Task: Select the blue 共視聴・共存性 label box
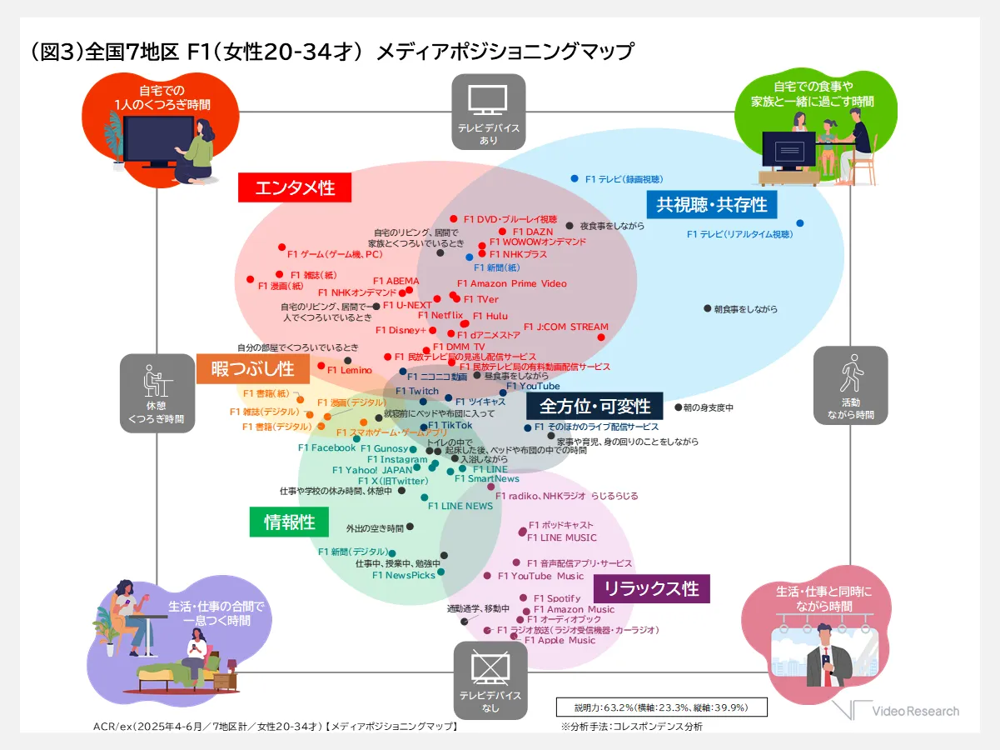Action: pyautogui.click(x=712, y=203)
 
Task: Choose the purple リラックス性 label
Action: pyautogui.click(x=651, y=588)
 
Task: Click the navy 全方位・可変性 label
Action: pyautogui.click(x=595, y=407)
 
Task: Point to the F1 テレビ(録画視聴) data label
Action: pyautogui.click(x=624, y=179)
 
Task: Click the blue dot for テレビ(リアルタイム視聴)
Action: pyautogui.click(x=800, y=223)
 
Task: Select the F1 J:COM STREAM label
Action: pyautogui.click(x=565, y=327)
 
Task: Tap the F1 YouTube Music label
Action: pyautogui.click(x=540, y=576)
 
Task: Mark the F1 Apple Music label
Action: pyautogui.click(x=560, y=640)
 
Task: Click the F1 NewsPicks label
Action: pyautogui.click(x=404, y=574)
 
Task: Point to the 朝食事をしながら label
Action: pyautogui.click(x=745, y=309)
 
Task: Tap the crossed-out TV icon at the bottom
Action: pyautogui.click(x=489, y=667)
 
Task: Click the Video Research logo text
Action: pyautogui.click(x=915, y=711)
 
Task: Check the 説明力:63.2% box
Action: pyautogui.click(x=661, y=707)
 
